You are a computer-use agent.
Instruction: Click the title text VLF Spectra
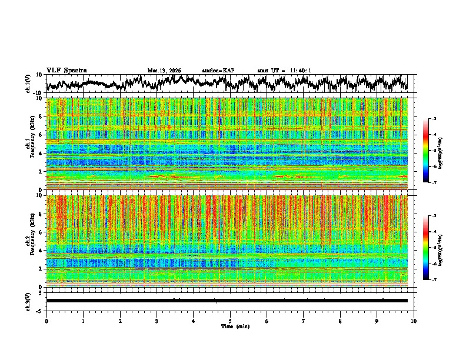66,70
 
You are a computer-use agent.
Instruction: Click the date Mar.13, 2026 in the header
164,71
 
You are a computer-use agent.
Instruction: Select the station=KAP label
218,71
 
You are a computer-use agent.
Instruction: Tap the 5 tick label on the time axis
230,321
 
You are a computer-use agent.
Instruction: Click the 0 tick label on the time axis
46,321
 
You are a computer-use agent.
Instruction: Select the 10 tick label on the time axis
414,321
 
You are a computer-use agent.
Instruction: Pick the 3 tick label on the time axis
157,321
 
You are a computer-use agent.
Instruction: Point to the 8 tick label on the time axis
340,321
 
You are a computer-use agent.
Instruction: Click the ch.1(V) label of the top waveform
28,84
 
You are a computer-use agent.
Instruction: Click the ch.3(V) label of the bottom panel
28,301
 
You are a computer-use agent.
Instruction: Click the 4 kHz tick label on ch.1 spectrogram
40,154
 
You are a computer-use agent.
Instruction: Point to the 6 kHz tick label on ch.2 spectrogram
40,232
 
